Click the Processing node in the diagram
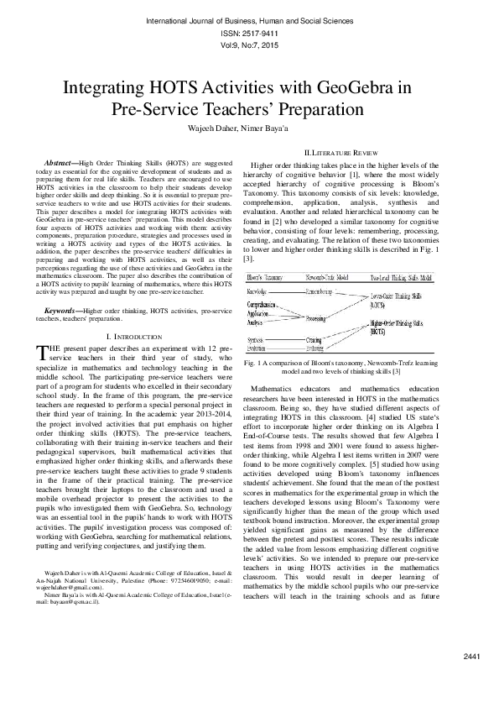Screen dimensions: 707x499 [x=316, y=319]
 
